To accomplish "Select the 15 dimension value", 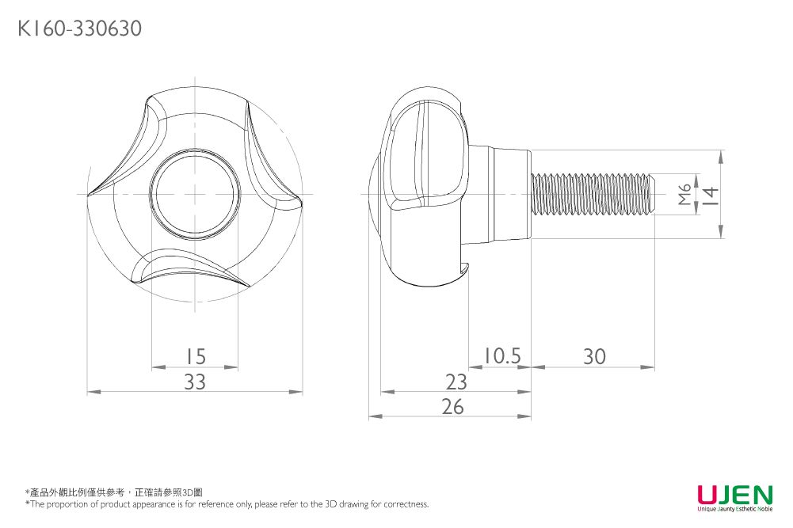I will pos(195,356).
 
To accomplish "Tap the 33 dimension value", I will pos(195,382).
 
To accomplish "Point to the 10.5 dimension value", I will pos(501,356).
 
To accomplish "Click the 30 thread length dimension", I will pos(594,356).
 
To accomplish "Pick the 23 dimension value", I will pos(456,382).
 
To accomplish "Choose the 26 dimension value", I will pos(452,406).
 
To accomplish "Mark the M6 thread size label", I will pos(685,194).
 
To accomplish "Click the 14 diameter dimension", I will pos(710,194).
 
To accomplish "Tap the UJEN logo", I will pos(734,495).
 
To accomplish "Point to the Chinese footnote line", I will pos(114,492).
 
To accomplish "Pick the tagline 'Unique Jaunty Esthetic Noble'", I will pos(734,509).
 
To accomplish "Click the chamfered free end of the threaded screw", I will pos(652,194).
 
